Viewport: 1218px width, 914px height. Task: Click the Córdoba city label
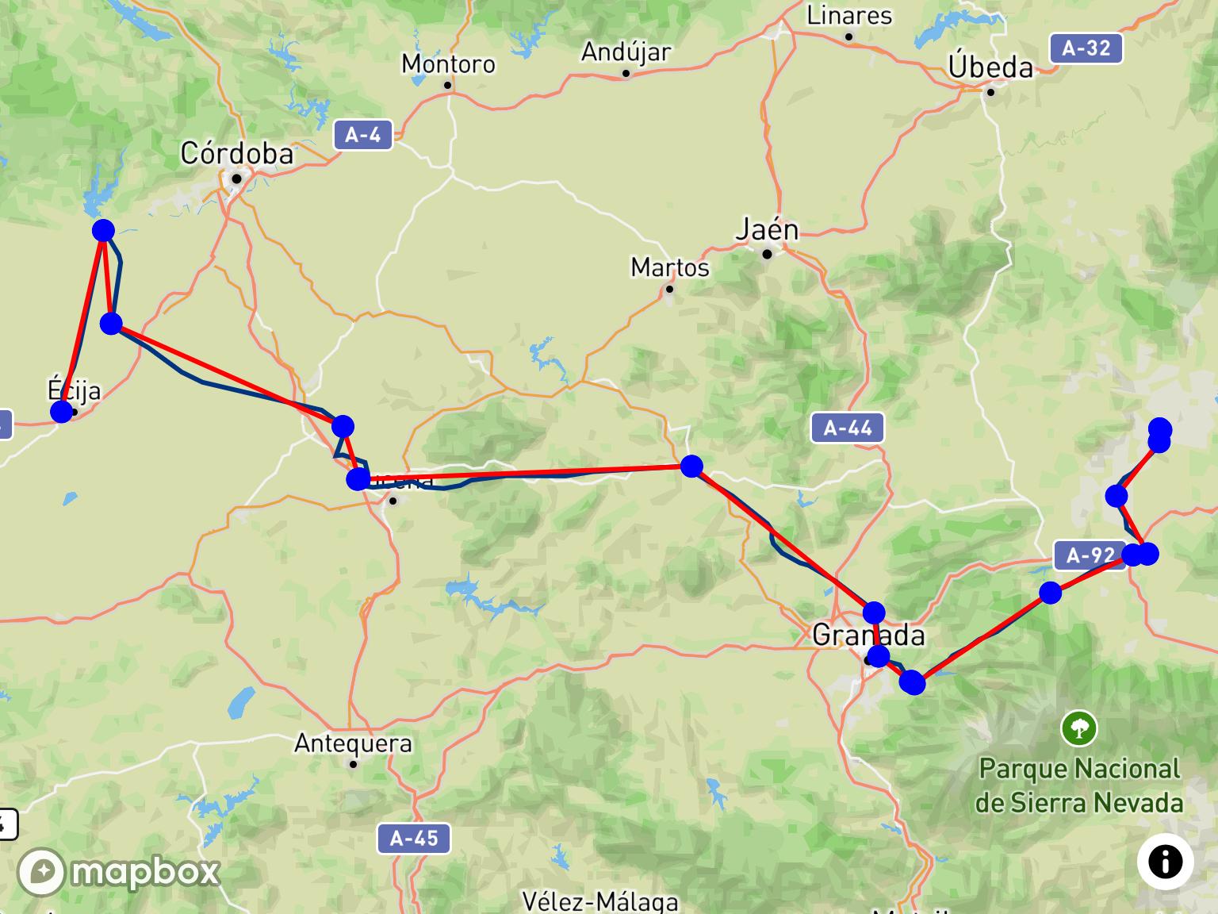click(236, 153)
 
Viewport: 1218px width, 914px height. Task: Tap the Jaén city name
click(767, 229)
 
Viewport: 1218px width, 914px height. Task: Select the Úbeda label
click(991, 67)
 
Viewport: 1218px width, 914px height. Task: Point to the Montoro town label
click(448, 63)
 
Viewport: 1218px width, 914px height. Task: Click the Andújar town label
click(626, 52)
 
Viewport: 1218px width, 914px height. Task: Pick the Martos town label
click(670, 267)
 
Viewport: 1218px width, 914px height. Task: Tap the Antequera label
click(353, 743)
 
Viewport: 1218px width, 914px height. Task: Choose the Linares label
click(849, 16)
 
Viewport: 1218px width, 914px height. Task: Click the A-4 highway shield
click(362, 135)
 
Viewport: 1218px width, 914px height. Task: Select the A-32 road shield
click(1086, 48)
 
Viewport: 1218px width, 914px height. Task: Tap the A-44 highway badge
click(847, 428)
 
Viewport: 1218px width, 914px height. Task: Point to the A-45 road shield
click(414, 838)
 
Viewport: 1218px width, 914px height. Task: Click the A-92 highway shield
click(1090, 555)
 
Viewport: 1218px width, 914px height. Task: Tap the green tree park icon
click(1079, 728)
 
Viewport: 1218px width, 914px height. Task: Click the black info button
click(1165, 862)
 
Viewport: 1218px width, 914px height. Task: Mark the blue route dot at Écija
click(61, 412)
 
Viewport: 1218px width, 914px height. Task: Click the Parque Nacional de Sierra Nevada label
click(1079, 785)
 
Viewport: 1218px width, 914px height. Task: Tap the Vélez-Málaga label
click(600, 902)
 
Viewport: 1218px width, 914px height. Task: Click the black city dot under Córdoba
click(236, 179)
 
